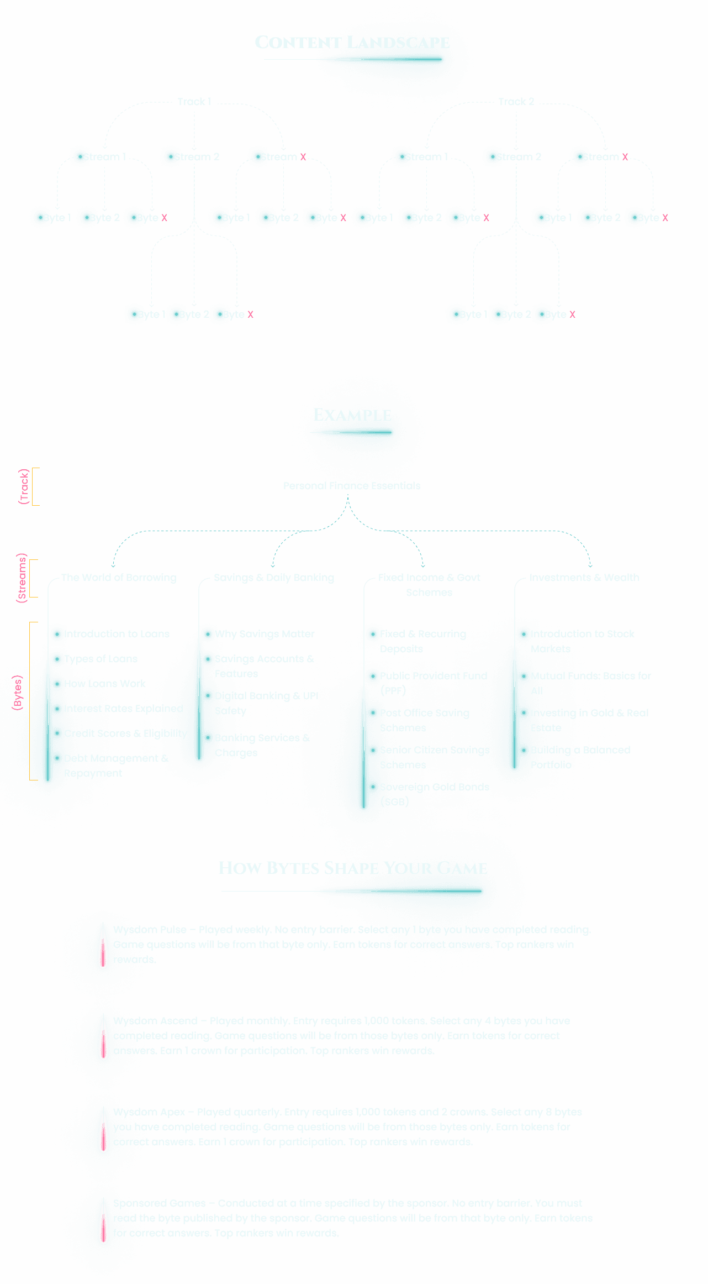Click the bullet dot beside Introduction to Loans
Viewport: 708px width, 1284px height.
[57, 634]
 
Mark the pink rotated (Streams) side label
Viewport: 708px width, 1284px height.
[22, 578]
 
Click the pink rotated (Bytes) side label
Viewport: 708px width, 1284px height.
[18, 693]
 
